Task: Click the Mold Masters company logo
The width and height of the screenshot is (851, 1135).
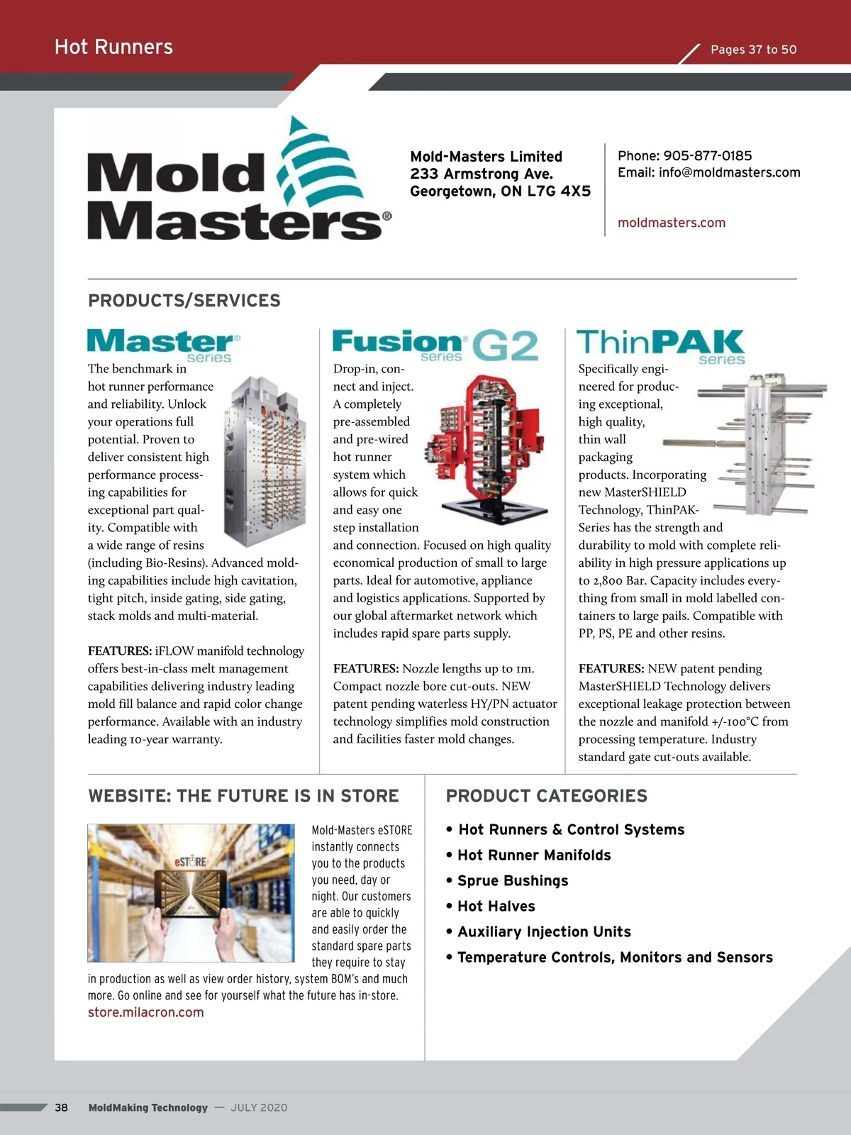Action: [238, 182]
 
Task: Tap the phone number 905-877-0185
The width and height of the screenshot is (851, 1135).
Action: [707, 156]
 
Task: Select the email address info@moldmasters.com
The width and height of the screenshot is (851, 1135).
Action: [729, 172]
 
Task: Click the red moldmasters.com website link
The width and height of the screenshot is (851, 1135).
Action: [672, 223]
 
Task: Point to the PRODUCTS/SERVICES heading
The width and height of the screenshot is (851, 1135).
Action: [184, 301]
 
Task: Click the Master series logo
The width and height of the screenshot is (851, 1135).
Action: [164, 345]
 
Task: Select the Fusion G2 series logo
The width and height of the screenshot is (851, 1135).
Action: [435, 345]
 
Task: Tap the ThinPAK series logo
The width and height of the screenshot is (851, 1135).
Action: [660, 345]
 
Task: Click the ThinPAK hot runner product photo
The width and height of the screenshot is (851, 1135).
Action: [755, 443]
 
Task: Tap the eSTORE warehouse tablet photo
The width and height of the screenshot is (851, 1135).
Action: [191, 892]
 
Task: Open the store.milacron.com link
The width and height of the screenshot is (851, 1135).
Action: [146, 1012]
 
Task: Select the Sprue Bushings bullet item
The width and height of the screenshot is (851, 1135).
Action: [512, 881]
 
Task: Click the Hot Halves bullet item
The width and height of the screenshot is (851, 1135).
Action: [496, 907]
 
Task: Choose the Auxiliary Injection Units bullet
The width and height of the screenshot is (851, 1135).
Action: [543, 932]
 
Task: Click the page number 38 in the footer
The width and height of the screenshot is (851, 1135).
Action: [62, 1107]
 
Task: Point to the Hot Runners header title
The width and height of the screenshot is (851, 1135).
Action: [113, 48]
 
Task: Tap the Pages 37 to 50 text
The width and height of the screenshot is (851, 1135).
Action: [753, 50]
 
